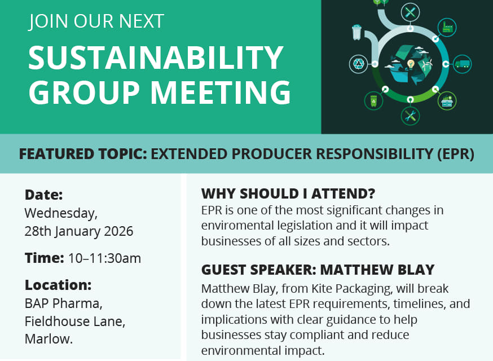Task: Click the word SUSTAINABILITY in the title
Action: point(156,58)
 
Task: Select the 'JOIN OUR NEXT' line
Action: point(96,21)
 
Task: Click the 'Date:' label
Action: point(43,195)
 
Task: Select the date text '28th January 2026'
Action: point(79,231)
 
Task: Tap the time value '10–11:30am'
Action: point(104,258)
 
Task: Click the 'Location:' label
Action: point(58,285)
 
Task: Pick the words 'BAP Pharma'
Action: point(63,303)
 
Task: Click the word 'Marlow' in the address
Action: point(47,339)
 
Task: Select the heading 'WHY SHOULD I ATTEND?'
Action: point(288,194)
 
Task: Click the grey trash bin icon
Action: point(356,32)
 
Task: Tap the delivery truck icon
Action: point(462,64)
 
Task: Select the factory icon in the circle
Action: point(448,27)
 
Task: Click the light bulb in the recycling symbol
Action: point(411,64)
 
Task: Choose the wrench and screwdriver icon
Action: point(410,116)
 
